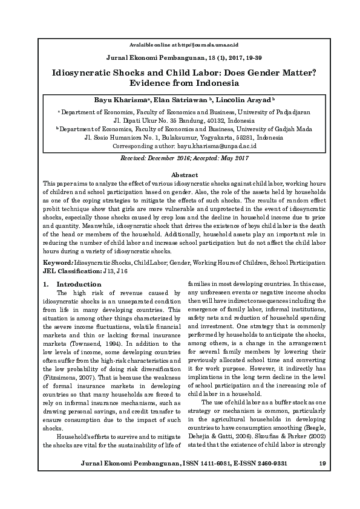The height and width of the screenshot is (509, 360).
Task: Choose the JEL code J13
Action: pyautogui.click(x=110, y=271)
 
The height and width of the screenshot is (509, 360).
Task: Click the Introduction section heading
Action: pyautogui.click(x=79, y=284)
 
